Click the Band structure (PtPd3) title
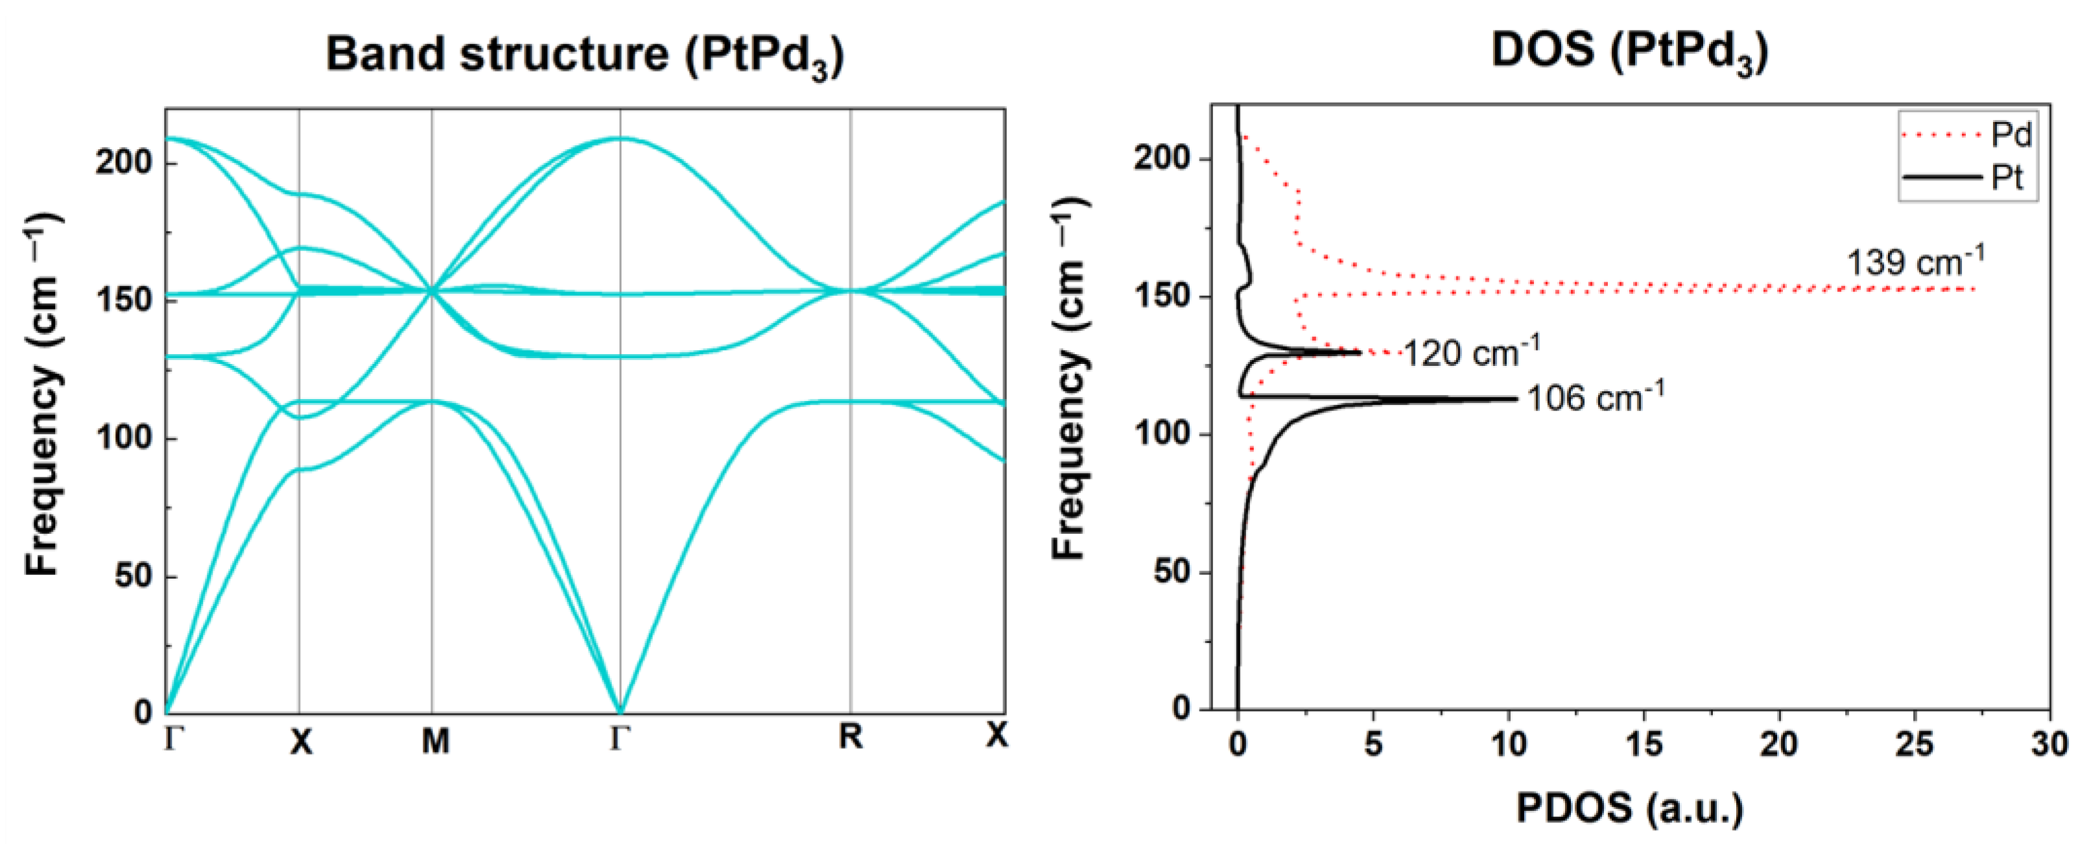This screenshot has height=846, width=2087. tap(585, 55)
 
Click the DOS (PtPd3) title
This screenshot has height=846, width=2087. tap(1630, 52)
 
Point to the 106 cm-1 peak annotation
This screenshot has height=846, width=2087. tap(1595, 398)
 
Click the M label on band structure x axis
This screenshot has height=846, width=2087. tap(435, 740)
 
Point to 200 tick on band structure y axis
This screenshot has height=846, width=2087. tap(124, 163)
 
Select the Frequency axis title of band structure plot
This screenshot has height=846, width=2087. tap(42, 394)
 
